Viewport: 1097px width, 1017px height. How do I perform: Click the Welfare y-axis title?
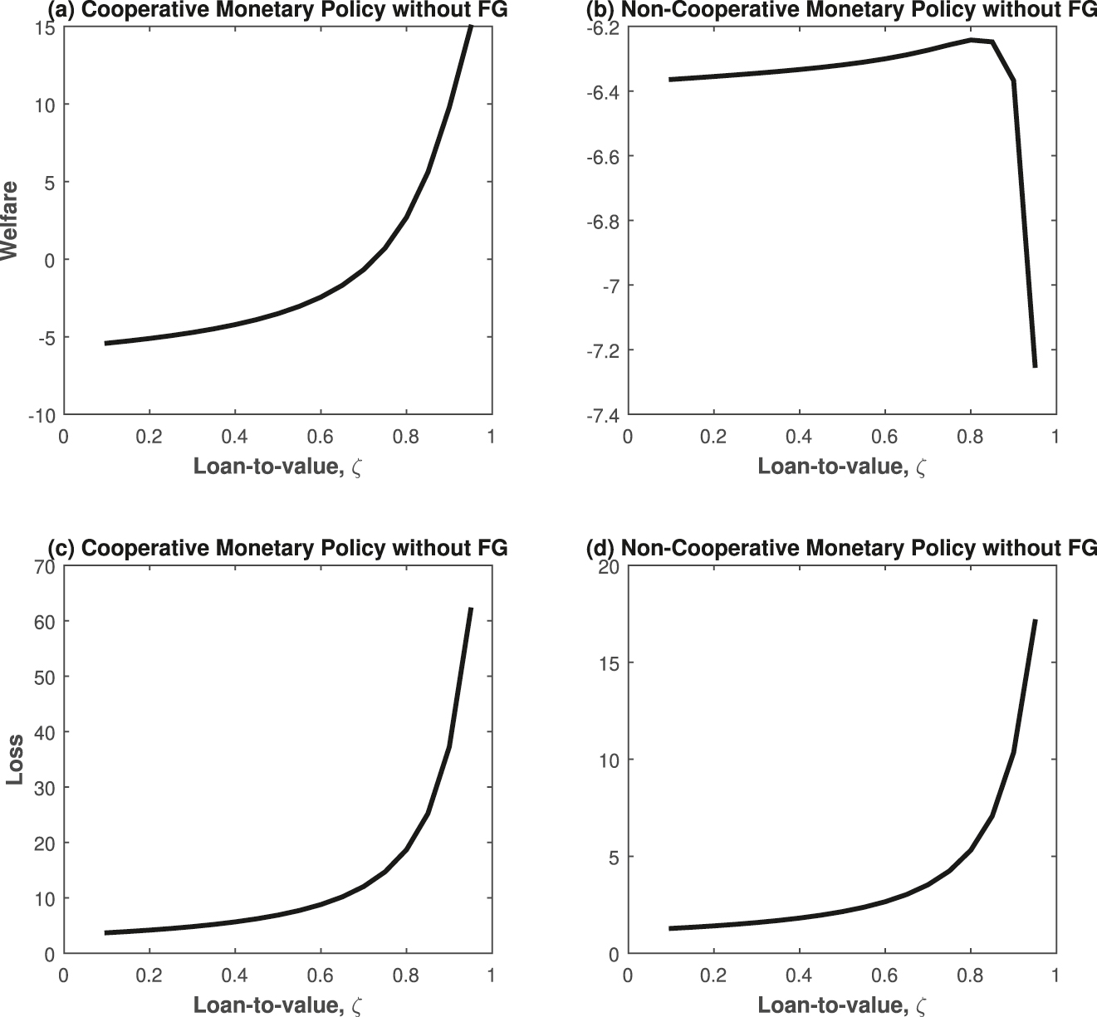point(10,221)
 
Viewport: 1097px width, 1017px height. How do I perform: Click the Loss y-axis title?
point(14,760)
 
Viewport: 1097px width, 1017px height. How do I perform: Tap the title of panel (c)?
point(277,549)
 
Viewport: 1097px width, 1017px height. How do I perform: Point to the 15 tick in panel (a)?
point(46,27)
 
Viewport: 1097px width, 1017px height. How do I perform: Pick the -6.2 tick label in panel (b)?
point(602,27)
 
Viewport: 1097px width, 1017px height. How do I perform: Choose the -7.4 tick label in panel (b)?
point(602,415)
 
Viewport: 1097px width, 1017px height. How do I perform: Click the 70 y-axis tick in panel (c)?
point(45,567)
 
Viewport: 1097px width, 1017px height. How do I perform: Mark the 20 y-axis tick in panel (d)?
point(609,567)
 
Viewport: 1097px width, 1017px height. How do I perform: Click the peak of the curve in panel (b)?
point(971,40)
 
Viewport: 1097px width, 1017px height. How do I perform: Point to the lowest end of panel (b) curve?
point(1035,366)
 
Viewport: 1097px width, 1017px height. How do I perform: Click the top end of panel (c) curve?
point(471,609)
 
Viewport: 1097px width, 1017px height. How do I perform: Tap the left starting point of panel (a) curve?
point(105,343)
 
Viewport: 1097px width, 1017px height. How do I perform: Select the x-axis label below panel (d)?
point(841,1005)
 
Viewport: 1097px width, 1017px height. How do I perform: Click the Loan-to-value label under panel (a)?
point(277,467)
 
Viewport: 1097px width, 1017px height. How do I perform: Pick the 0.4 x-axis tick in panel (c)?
point(235,975)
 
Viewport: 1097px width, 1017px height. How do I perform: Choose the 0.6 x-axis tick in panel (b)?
point(884,436)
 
